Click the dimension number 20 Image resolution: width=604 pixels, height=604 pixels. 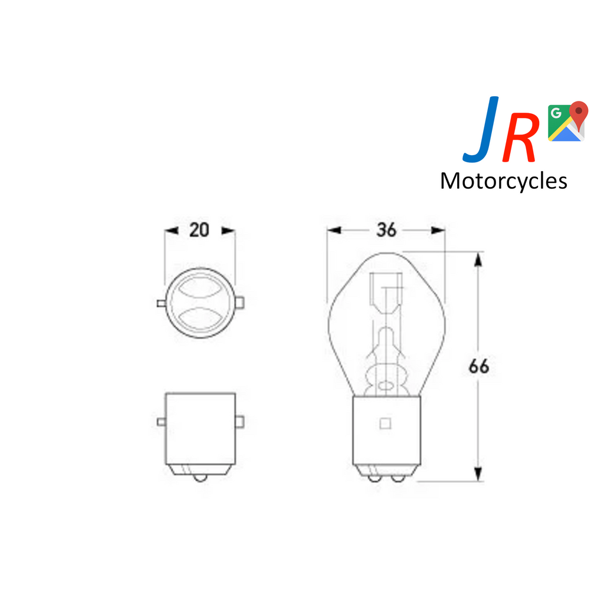199,230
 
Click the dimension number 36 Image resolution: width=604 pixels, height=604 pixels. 386,230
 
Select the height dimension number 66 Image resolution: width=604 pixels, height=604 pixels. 479,366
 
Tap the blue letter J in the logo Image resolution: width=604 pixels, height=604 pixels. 481,129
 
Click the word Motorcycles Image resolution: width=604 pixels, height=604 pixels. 504,181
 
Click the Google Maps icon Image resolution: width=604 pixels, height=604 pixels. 568,122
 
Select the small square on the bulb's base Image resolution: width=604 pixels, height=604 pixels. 385,424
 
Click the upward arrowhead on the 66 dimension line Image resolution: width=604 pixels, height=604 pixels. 478,260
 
